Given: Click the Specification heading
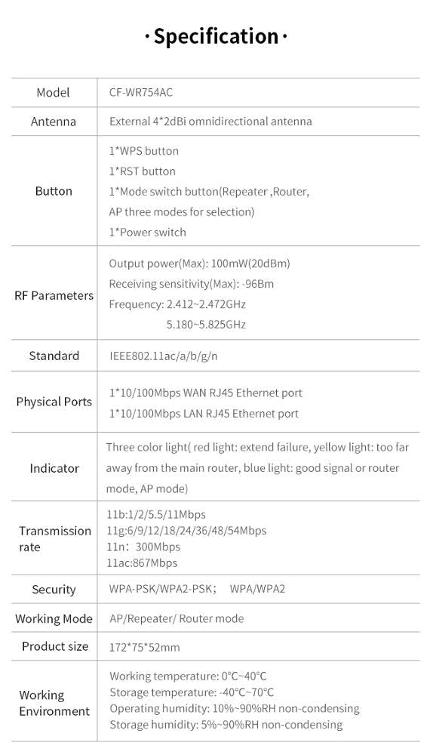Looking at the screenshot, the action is pyautogui.click(x=216, y=36).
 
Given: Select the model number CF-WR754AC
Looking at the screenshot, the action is pyautogui.click(x=136, y=92).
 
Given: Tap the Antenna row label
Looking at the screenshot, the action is pyautogui.click(x=53, y=122).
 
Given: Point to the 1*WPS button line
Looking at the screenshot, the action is pyautogui.click(x=144, y=151).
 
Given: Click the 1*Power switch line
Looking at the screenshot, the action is pyautogui.click(x=148, y=233).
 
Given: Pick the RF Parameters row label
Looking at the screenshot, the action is pyautogui.click(x=54, y=295).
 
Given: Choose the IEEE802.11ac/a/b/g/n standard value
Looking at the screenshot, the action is pyautogui.click(x=164, y=356).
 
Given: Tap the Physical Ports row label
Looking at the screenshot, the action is pyautogui.click(x=54, y=402).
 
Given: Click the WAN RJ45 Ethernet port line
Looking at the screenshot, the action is pyautogui.click(x=206, y=393).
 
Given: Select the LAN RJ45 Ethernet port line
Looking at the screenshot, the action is pyautogui.click(x=204, y=414).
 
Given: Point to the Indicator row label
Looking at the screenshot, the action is pyautogui.click(x=54, y=468).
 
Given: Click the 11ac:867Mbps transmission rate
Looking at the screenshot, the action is pyautogui.click(x=142, y=563).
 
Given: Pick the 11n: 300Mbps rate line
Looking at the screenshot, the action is pyautogui.click(x=143, y=547).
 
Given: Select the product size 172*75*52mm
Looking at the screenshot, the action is pyautogui.click(x=144, y=647).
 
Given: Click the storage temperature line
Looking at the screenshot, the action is pyautogui.click(x=192, y=692).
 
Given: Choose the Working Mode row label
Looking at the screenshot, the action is pyautogui.click(x=54, y=618).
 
